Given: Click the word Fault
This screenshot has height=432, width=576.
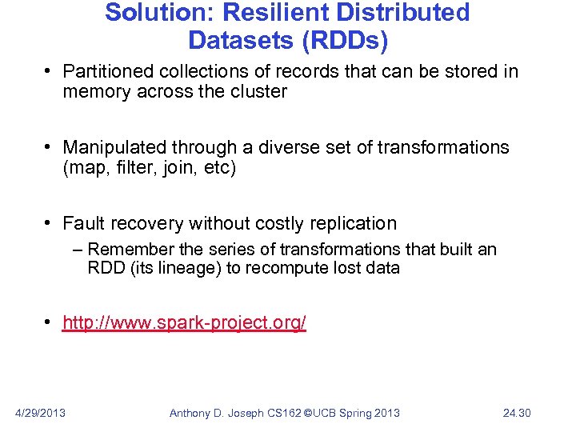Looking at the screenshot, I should tap(82, 223).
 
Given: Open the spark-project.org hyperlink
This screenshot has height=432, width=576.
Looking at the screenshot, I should tap(184, 323).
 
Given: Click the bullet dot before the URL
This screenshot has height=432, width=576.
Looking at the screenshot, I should tap(50, 322).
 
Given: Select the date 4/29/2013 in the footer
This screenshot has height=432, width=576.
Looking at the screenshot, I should tap(41, 413).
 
